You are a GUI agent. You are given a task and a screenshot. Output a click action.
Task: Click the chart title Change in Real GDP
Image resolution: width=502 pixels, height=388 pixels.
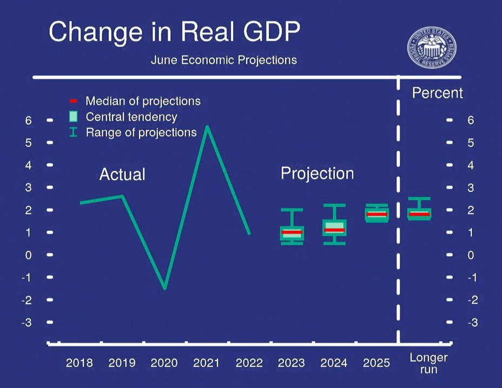tap(174, 32)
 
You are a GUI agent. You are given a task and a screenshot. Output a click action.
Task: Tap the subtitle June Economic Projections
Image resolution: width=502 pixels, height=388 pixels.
tap(223, 59)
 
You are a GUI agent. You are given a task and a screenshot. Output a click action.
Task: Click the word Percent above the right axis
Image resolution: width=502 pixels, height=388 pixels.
tap(437, 93)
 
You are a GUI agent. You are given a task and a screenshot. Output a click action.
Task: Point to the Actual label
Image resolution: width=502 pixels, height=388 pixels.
tap(122, 174)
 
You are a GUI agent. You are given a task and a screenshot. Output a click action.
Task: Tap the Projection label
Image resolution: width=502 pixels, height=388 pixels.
tap(317, 173)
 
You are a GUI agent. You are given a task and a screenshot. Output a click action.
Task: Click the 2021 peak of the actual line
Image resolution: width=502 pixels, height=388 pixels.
tap(207, 127)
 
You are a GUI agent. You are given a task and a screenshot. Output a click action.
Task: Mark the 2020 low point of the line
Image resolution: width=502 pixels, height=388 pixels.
tap(165, 287)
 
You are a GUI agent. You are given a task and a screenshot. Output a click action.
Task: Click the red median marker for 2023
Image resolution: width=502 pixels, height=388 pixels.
tap(292, 232)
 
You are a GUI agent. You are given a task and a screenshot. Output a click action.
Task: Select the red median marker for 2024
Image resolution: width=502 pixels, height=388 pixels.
tap(334, 230)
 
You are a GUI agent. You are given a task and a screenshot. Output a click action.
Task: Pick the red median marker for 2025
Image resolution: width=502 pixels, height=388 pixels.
tap(376, 214)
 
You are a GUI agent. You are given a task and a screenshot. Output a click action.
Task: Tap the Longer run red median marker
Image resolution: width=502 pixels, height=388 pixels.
tap(419, 213)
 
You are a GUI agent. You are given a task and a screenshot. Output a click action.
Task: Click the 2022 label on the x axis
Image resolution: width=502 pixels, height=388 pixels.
tap(249, 363)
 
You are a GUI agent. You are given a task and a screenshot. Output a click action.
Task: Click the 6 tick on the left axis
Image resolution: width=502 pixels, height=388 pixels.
tap(29, 120)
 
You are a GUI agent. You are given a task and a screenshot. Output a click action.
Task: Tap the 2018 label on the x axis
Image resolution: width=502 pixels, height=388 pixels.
tap(80, 363)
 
